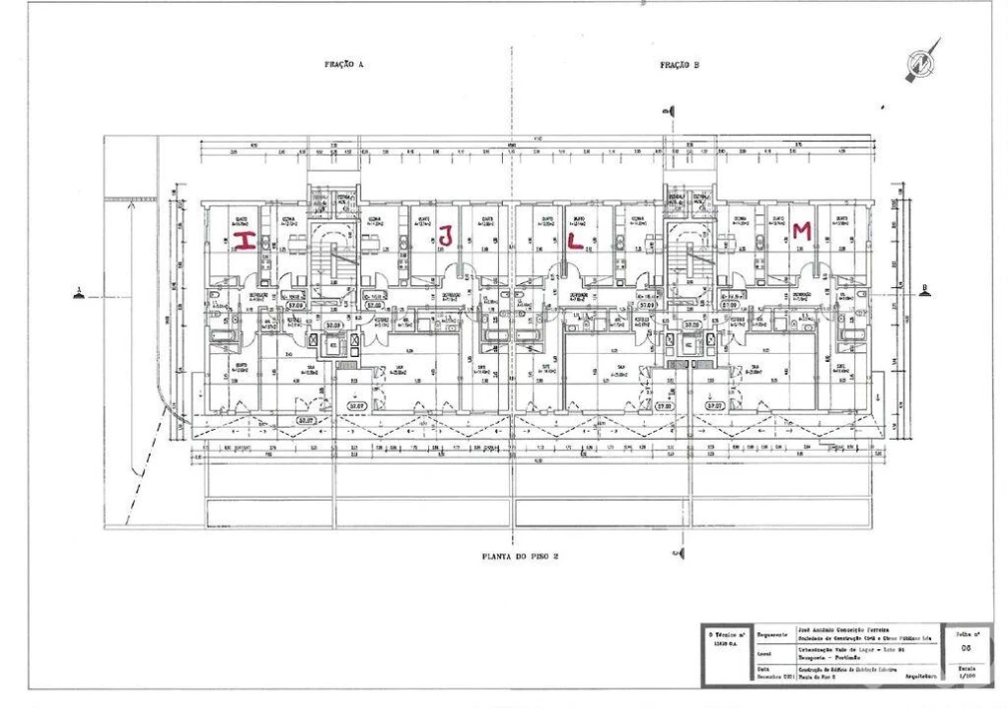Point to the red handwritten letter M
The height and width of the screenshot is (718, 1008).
pos(799,230)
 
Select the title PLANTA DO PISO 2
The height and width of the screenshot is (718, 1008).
pos(515,555)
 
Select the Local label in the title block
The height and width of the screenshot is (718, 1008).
pos(766,654)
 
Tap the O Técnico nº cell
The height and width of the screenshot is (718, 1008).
pos(725,637)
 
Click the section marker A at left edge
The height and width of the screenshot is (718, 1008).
pos(78,291)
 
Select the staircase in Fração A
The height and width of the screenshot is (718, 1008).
pos(335,253)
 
